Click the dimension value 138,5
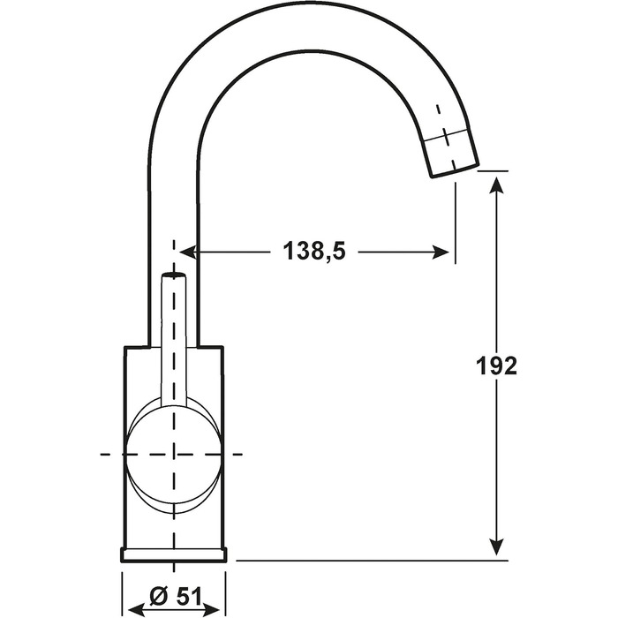[x=314, y=251]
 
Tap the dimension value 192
[x=496, y=366]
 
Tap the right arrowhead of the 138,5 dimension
[x=441, y=252]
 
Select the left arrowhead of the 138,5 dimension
[x=188, y=252]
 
